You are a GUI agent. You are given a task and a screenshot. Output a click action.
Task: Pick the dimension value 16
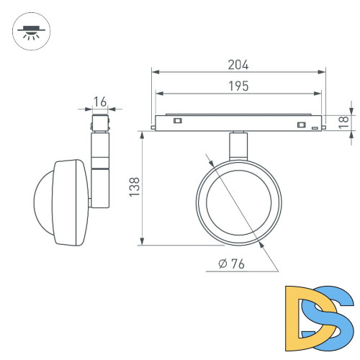100,102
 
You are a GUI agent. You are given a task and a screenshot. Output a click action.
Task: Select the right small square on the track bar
300,125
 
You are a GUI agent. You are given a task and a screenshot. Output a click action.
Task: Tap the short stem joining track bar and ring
238,148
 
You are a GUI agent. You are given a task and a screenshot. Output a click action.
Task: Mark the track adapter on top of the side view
99,122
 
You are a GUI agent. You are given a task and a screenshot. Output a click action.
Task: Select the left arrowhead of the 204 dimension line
155,71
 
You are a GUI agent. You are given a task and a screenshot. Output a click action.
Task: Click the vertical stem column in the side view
99,166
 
